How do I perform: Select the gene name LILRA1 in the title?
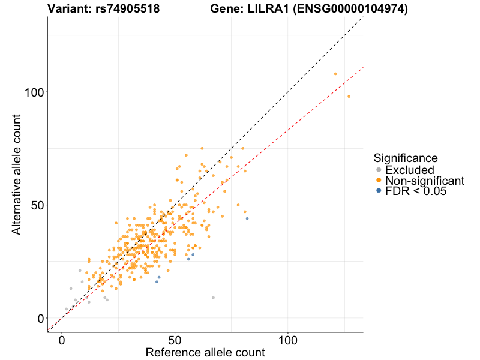pos(261,9)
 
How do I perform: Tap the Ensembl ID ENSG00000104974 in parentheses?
pos(350,9)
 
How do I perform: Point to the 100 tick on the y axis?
pos(36,92)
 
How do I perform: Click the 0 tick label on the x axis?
pos(62,340)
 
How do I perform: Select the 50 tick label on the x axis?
pos(175,340)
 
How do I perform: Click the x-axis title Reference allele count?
pos(205,352)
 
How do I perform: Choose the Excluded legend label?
pos(410,170)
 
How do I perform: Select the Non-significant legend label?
pos(425,181)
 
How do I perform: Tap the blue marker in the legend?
pos(378,191)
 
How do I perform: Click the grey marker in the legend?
pos(378,170)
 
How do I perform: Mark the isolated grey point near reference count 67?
pos(213,298)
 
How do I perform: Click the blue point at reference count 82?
pos(247,218)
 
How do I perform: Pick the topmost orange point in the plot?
pos(335,74)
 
